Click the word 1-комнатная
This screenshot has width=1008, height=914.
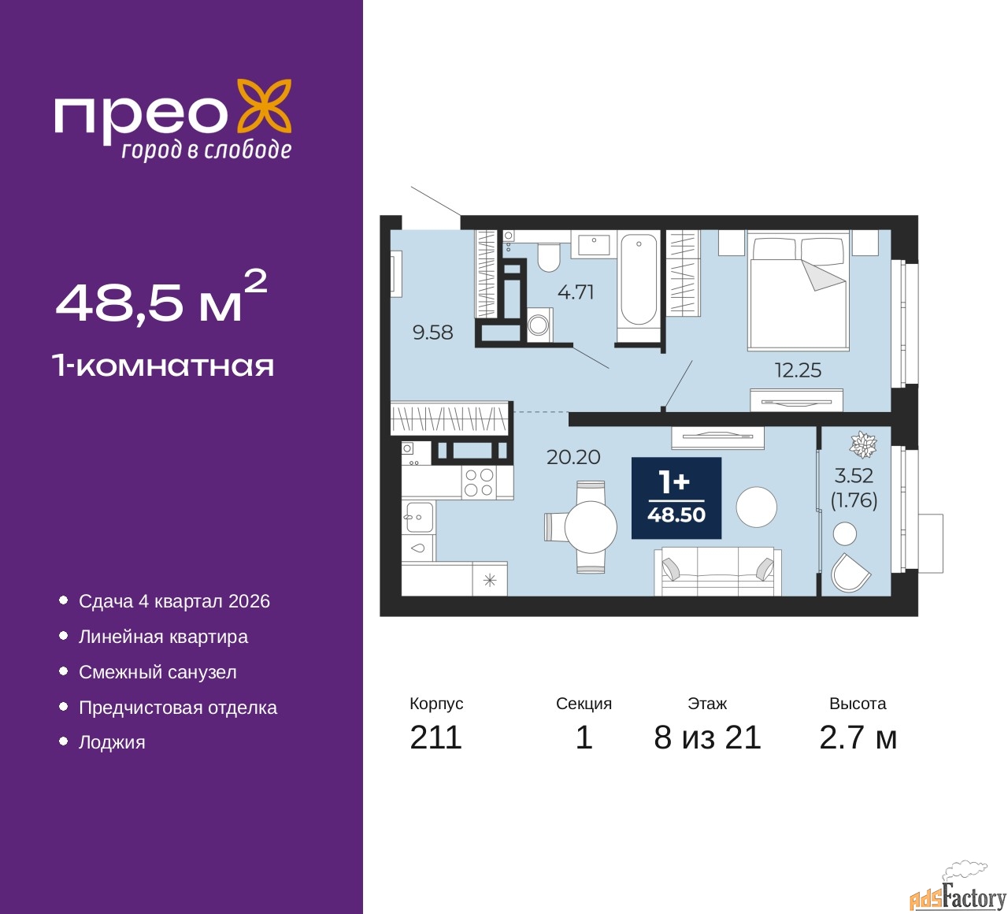click(163, 366)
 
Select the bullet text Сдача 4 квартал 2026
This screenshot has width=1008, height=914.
click(174, 601)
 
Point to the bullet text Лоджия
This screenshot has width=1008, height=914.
click(112, 742)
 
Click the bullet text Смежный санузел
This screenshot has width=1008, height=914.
click(157, 672)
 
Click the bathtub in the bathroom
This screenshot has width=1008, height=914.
click(639, 280)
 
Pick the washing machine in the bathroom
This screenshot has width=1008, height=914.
click(539, 324)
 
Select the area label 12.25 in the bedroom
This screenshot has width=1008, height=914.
click(798, 370)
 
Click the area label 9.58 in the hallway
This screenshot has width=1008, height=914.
click(433, 333)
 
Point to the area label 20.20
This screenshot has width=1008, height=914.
click(573, 457)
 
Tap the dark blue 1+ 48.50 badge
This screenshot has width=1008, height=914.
click(676, 498)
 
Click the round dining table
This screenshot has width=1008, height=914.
click(591, 526)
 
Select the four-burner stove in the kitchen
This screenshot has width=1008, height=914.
click(478, 482)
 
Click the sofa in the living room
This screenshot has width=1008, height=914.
click(717, 571)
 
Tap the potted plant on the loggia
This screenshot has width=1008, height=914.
click(863, 445)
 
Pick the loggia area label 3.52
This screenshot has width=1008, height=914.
click(854, 476)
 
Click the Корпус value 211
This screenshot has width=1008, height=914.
click(435, 738)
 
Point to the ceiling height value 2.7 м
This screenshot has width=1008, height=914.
click(858, 738)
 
